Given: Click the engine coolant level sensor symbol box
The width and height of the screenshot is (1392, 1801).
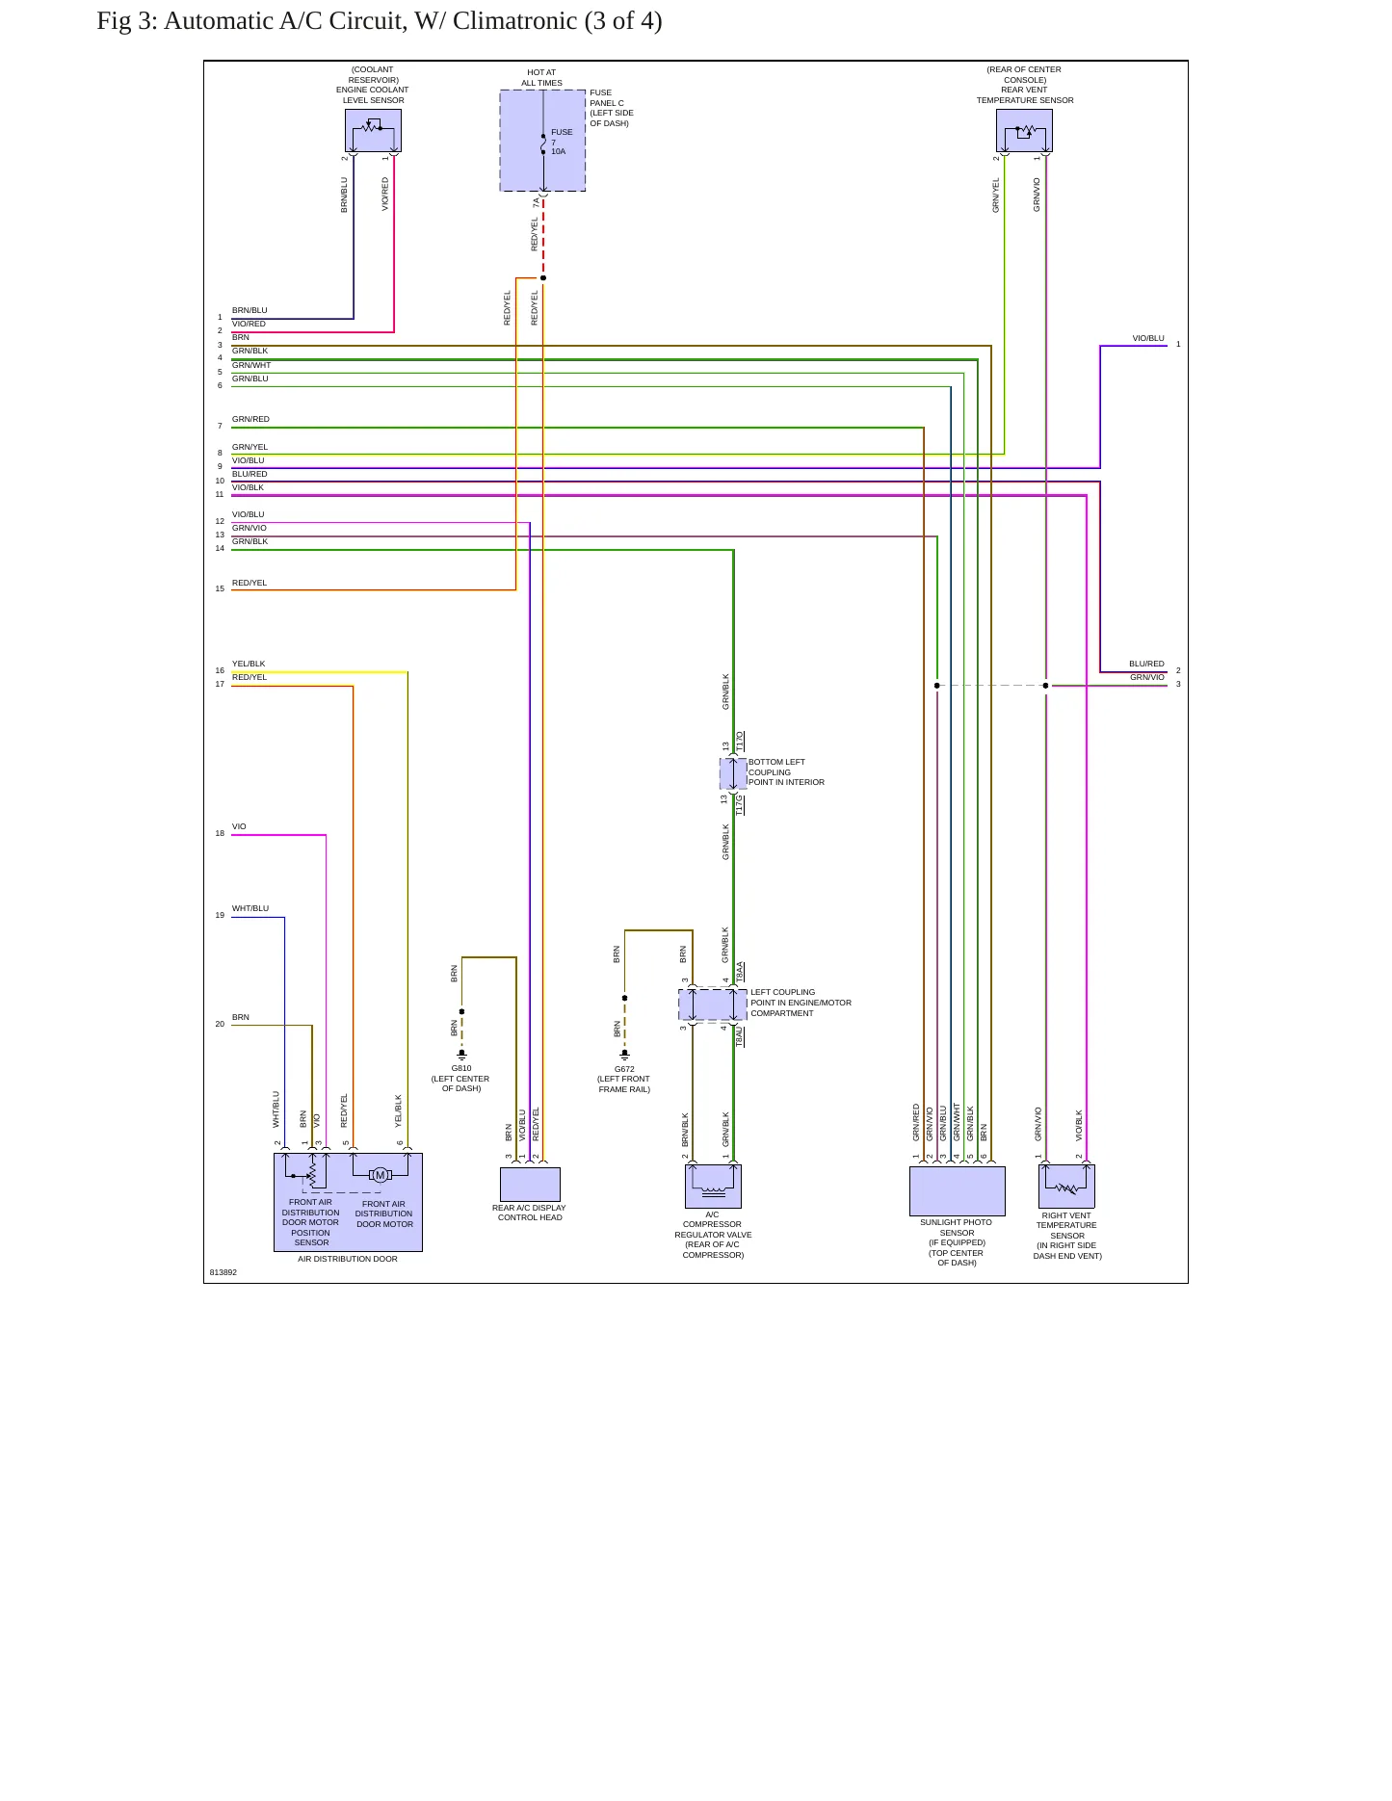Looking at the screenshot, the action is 373,130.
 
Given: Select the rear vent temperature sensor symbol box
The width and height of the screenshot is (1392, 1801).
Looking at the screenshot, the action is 1024,130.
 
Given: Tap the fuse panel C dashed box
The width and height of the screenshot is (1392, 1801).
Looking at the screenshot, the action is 542,141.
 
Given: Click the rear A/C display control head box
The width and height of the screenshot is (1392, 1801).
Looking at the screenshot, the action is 530,1184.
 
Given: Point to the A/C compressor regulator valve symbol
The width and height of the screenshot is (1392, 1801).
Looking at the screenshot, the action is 713,1186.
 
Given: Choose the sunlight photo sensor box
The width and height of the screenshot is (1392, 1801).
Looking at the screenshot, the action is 958,1190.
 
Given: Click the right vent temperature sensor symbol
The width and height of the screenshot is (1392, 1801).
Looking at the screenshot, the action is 1066,1186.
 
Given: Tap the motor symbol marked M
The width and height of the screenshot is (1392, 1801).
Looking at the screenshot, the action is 380,1175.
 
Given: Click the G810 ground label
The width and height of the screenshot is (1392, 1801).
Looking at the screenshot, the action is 461,1068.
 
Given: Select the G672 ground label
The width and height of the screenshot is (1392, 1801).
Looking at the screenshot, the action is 624,1069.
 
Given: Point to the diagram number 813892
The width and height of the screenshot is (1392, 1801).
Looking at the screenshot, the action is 223,1272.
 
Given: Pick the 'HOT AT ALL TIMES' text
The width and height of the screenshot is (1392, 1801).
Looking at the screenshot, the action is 541,77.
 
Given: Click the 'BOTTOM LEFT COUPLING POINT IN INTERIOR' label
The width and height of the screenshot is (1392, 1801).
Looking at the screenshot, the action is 786,772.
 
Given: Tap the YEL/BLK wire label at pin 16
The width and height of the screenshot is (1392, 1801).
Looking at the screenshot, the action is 249,664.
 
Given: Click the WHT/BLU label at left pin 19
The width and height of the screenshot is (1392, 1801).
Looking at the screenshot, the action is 250,908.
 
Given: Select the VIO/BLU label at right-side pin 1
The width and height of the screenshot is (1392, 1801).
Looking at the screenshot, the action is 1148,338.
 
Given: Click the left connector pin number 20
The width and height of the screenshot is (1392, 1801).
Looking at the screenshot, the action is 220,1024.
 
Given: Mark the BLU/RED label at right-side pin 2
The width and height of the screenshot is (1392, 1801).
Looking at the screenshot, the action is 1146,664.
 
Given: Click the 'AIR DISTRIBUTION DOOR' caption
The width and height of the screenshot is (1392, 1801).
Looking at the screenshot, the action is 348,1259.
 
